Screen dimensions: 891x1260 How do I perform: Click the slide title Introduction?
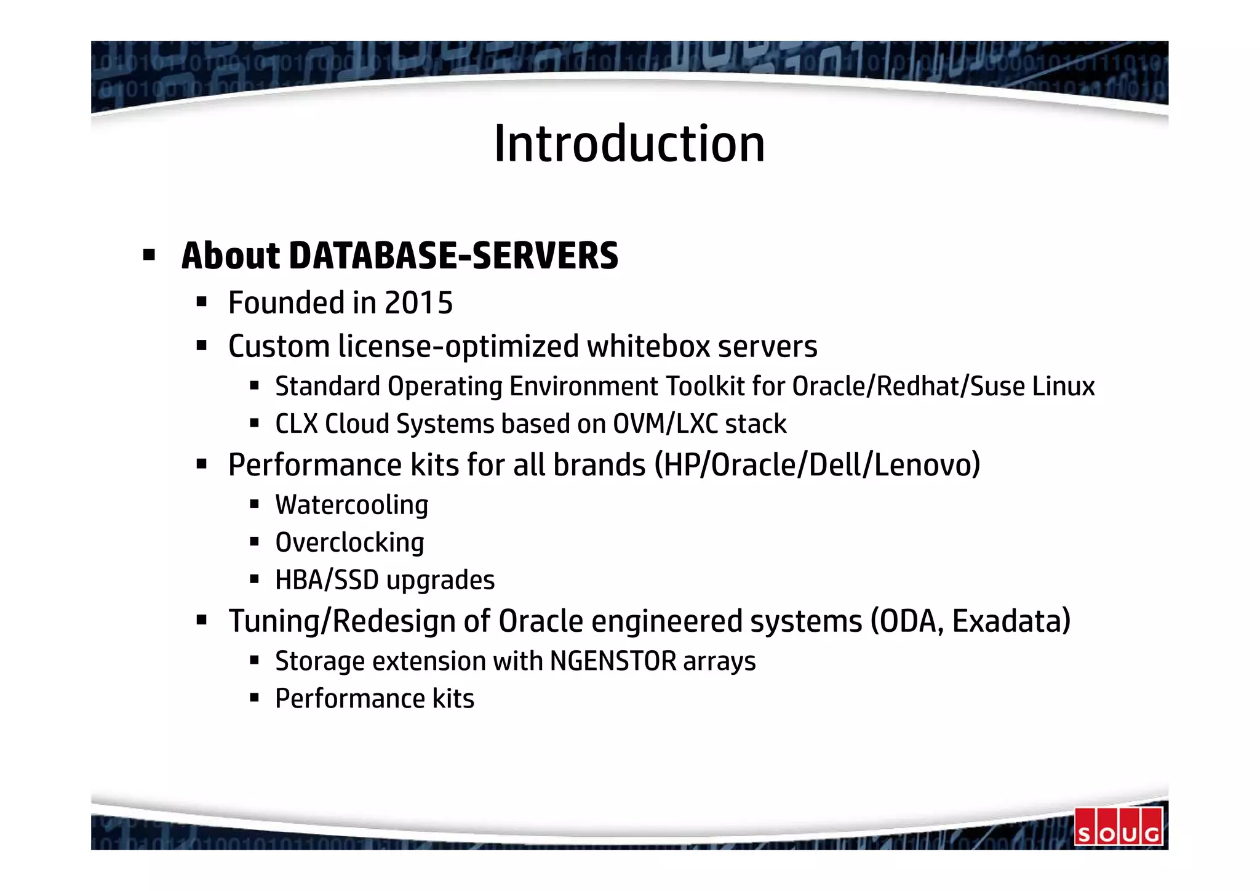[629, 143]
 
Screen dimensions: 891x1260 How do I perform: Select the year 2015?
[418, 303]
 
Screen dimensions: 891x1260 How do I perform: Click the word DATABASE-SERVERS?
[453, 256]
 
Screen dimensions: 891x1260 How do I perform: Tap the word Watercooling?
[351, 506]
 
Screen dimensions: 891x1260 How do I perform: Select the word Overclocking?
[349, 543]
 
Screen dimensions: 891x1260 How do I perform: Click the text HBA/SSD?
[327, 580]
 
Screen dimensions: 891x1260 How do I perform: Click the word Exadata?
[1011, 621]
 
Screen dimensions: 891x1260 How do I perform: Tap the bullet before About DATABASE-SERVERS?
[148, 254]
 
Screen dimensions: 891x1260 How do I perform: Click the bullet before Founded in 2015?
[201, 302]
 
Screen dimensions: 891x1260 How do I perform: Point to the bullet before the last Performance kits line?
[254, 698]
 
